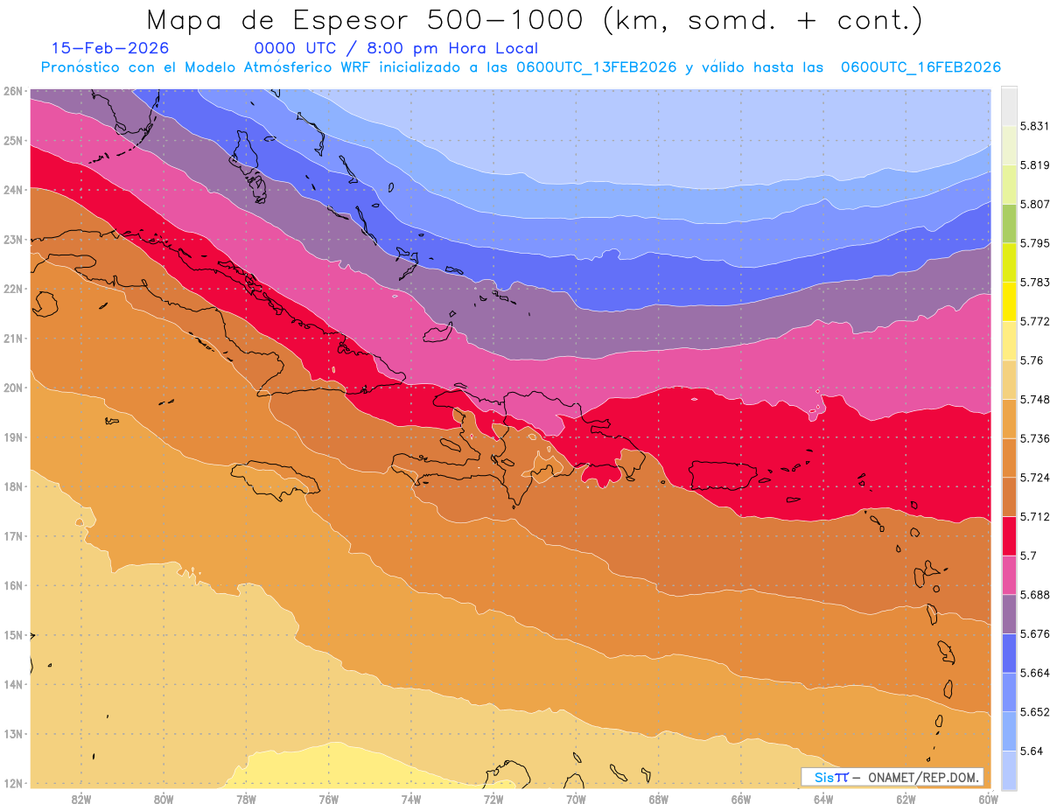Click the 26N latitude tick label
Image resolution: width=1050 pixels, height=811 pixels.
(x=12, y=91)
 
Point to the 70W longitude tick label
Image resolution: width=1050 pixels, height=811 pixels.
(x=576, y=799)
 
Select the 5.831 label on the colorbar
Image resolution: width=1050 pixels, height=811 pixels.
(x=1027, y=126)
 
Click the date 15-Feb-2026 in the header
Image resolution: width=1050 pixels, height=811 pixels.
(x=110, y=48)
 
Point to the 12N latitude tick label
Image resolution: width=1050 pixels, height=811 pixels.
(x=12, y=783)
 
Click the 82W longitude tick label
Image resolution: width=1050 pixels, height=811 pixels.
(x=81, y=799)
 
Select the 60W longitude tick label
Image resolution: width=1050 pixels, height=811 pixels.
(x=989, y=799)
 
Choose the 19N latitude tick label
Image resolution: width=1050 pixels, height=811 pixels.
(x=12, y=437)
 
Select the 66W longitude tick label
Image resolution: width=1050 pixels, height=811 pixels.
(x=741, y=799)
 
